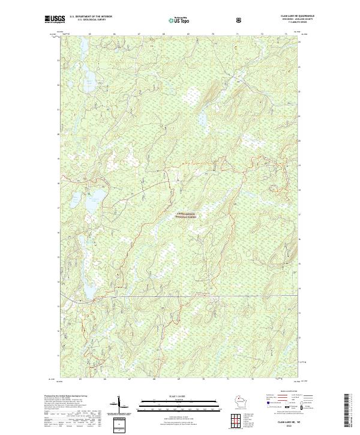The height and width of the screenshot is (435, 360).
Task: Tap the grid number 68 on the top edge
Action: click(x=163, y=35)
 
